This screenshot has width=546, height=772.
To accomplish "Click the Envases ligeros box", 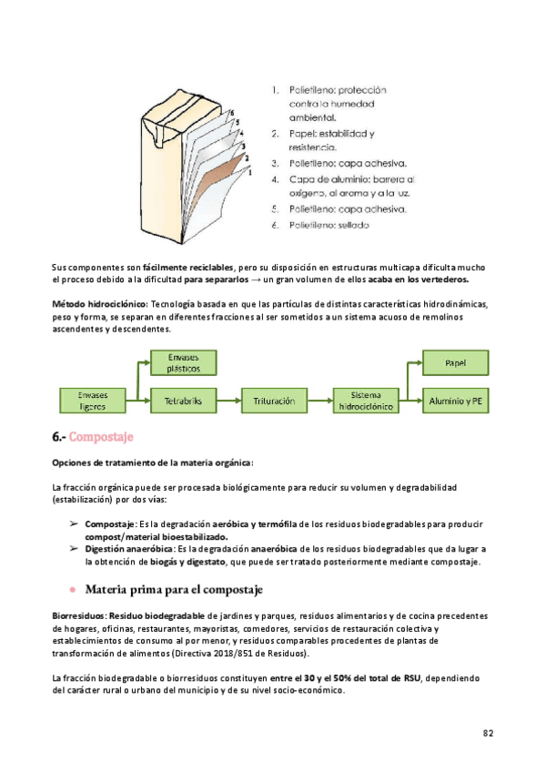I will click(x=94, y=400).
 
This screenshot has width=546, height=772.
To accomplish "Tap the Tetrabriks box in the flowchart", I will click(x=183, y=400).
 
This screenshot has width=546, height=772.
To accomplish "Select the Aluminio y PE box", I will click(x=454, y=400).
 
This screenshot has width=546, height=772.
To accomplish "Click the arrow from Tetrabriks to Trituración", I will click(x=227, y=400).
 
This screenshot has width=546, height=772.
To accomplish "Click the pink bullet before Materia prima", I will click(x=72, y=591).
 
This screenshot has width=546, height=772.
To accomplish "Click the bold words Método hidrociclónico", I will click(x=100, y=303).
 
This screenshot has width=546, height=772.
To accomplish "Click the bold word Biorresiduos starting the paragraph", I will click(x=78, y=615).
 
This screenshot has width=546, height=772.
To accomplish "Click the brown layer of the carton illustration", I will click(x=221, y=173).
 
